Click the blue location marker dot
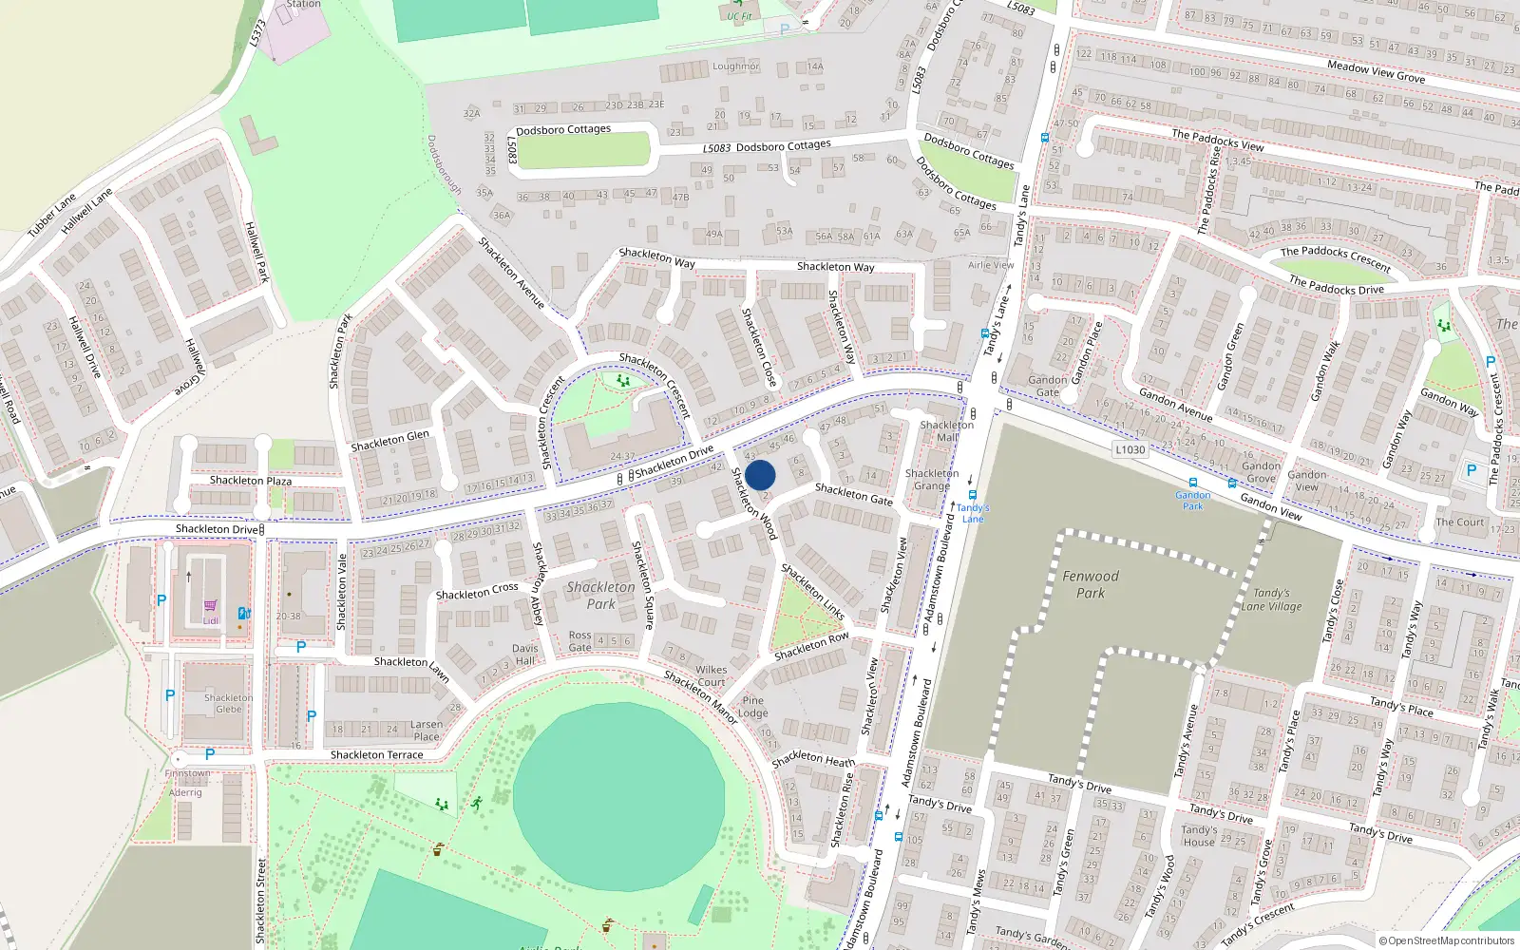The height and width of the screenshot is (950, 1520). [x=760, y=475]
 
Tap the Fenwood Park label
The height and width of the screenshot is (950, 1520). [x=1091, y=584]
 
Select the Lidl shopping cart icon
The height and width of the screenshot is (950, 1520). [x=210, y=605]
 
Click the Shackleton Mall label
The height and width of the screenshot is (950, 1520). [x=947, y=431]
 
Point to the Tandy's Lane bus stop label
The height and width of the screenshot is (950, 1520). [x=973, y=513]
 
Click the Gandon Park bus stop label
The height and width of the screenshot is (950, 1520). [x=1193, y=500]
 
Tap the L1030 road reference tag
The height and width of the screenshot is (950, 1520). [x=1130, y=449]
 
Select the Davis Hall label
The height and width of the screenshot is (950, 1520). [x=525, y=655]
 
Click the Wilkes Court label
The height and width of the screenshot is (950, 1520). [x=711, y=675]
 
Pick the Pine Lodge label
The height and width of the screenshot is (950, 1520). [x=753, y=707]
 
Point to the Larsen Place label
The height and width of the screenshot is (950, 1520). [x=427, y=730]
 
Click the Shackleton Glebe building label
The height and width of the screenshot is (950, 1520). [x=229, y=703]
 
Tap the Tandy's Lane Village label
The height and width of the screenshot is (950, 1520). [x=1271, y=599]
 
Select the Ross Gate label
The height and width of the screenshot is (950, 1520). [x=579, y=641]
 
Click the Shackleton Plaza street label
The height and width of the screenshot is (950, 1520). [x=251, y=481]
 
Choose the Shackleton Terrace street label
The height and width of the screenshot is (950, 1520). [x=377, y=755]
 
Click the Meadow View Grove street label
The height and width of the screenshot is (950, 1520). [x=1376, y=70]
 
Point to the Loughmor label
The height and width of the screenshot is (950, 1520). [x=736, y=66]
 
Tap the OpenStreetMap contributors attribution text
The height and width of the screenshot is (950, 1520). [x=1447, y=940]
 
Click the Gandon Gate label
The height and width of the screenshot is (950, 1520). [x=1048, y=386]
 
